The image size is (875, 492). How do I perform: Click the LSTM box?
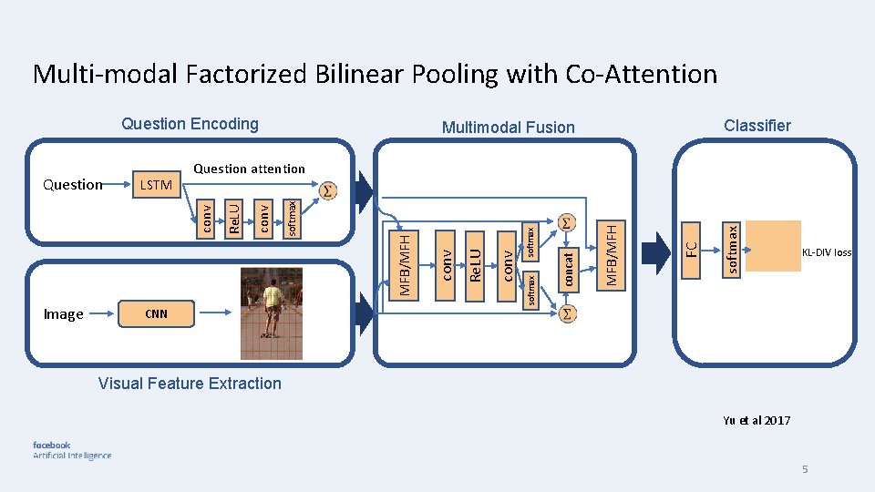tap(157, 185)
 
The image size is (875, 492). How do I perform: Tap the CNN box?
tap(157, 314)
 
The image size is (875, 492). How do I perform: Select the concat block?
tap(568, 270)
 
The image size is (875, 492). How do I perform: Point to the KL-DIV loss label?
tap(827, 252)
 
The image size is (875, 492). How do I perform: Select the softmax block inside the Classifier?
tap(731, 247)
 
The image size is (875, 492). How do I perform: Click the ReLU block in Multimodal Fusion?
tap(473, 258)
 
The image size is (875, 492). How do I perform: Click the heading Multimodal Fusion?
tap(508, 128)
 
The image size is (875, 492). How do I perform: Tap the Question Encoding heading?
tap(190, 124)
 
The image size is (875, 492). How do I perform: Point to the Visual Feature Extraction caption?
tap(190, 384)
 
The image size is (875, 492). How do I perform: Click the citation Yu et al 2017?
tap(756, 421)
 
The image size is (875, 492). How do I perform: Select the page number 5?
tap(805, 469)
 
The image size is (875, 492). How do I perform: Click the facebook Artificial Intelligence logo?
tap(72, 450)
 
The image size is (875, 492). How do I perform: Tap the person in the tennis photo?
tap(271, 310)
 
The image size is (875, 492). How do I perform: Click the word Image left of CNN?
tap(64, 314)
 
